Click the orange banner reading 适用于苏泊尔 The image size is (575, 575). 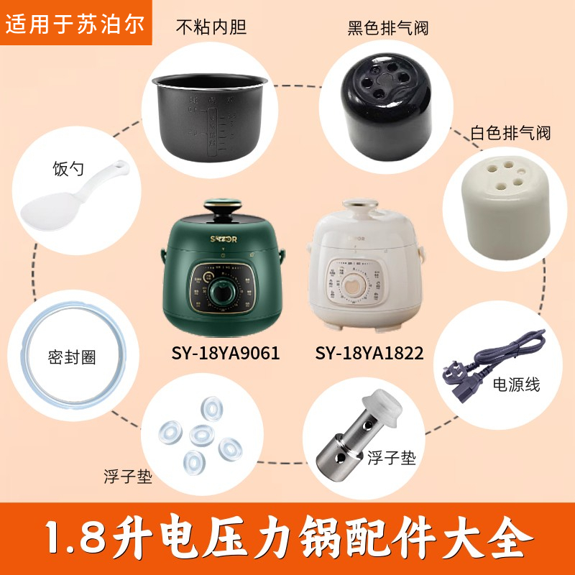pyautogui.click(x=76, y=23)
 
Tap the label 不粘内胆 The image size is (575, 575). pyautogui.click(x=211, y=27)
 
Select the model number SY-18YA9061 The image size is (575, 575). pyautogui.click(x=225, y=353)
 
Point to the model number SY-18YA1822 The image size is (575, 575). pyautogui.click(x=369, y=353)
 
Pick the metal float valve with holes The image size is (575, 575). pyautogui.click(x=352, y=438)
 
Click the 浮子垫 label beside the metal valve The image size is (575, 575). pyautogui.click(x=392, y=458)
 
